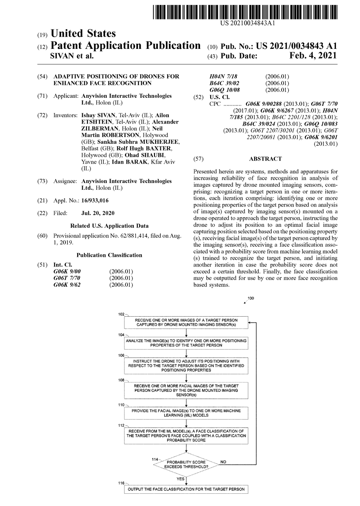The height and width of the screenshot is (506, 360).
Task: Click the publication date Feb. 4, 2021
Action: pos(313,56)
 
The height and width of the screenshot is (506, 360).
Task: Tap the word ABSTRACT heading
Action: pos(265,159)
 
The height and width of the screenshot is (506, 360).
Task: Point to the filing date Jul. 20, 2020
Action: pos(97,213)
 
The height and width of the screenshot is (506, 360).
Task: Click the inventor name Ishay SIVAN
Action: pos(96,115)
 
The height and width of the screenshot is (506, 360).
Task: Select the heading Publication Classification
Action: pos(109,255)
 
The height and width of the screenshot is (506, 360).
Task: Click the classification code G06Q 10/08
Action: pos(225,90)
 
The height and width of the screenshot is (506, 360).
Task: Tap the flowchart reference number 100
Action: pos(251,299)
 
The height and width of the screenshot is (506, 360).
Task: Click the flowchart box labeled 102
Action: pos(186,323)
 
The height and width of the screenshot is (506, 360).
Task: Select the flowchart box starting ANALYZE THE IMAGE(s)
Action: pos(186,342)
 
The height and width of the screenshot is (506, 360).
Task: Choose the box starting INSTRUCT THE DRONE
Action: pos(186,366)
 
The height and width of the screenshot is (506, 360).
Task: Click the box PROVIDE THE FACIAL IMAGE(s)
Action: pos(186,412)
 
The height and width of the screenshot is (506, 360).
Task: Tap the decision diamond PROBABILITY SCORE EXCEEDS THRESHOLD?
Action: pos(186,465)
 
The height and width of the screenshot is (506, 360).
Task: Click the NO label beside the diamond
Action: pos(223,462)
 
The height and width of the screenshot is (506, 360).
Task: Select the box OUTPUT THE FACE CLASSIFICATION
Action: pos(186,490)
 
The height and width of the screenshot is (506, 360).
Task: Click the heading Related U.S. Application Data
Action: pos(109,226)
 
